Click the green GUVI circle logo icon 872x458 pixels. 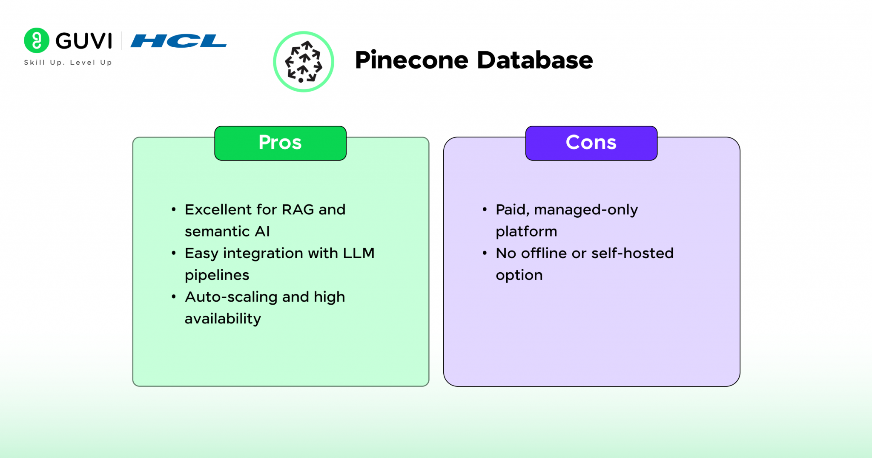pyautogui.click(x=37, y=40)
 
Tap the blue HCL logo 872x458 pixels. pyautogui.click(x=178, y=41)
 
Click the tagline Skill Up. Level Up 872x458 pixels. pyautogui.click(x=68, y=63)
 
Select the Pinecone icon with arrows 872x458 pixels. pyautogui.click(x=304, y=62)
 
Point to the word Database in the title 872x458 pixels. pyautogui.click(x=535, y=60)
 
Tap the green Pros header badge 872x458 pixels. pyautogui.click(x=280, y=143)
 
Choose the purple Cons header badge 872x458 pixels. pyautogui.click(x=591, y=143)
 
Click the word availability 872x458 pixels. pyautogui.click(x=223, y=319)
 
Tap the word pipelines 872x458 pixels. pyautogui.click(x=217, y=275)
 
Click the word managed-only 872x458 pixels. pyautogui.click(x=586, y=210)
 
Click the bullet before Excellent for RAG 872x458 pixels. pyautogui.click(x=174, y=210)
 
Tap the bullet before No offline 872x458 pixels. pyautogui.click(x=485, y=253)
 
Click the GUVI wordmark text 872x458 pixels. pyautogui.click(x=84, y=41)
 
